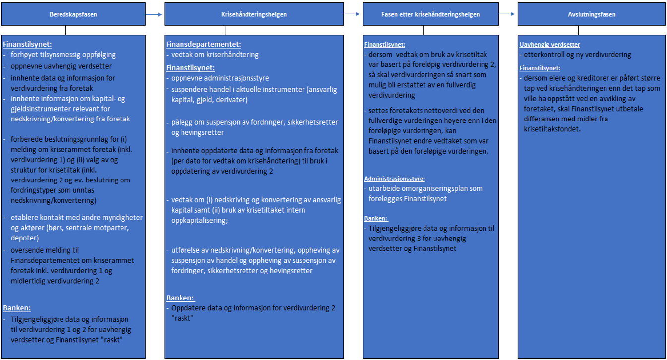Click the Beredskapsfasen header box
(73, 14)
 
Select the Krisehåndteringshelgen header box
(254, 14)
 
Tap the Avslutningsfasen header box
(591, 14)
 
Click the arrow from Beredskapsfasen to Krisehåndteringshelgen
(155, 14)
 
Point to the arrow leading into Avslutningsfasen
(508, 14)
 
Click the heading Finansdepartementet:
(203, 44)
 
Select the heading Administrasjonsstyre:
(395, 179)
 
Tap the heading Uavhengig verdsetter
(549, 45)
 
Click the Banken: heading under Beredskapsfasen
(17, 307)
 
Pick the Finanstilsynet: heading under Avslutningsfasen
(540, 68)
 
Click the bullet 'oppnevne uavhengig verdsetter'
(61, 66)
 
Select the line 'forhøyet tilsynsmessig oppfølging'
(63, 55)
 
